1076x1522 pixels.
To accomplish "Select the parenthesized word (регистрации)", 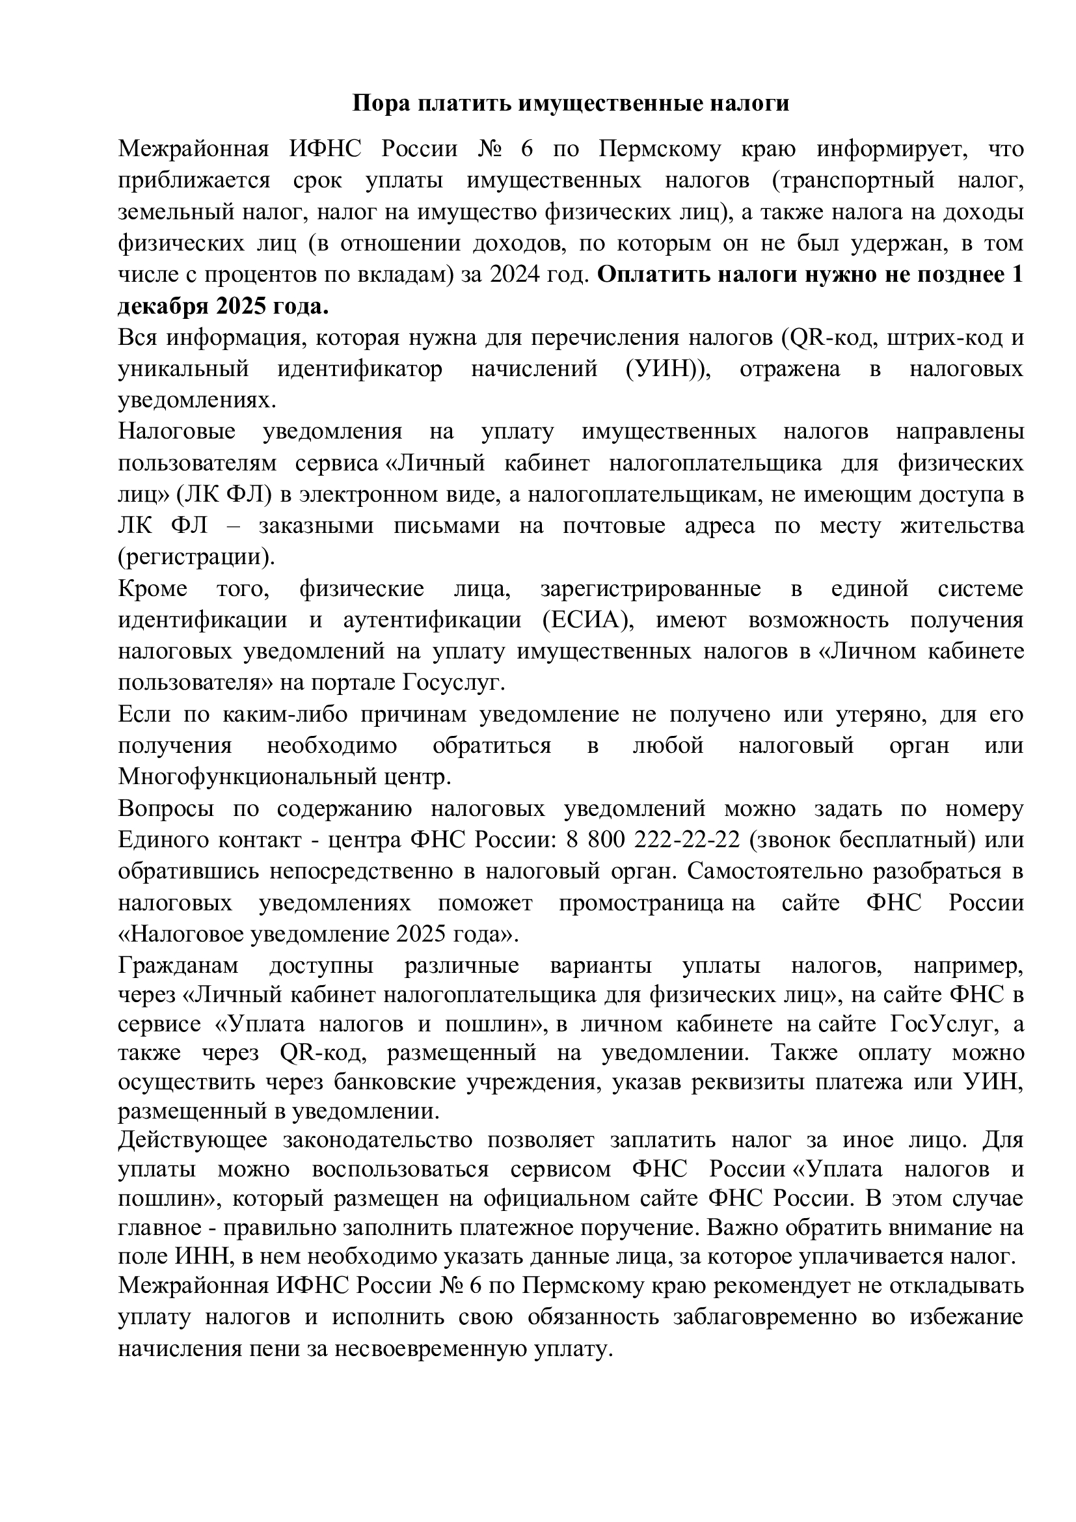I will pyautogui.click(x=196, y=557).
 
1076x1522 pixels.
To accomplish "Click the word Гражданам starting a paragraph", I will pyautogui.click(x=178, y=966).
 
